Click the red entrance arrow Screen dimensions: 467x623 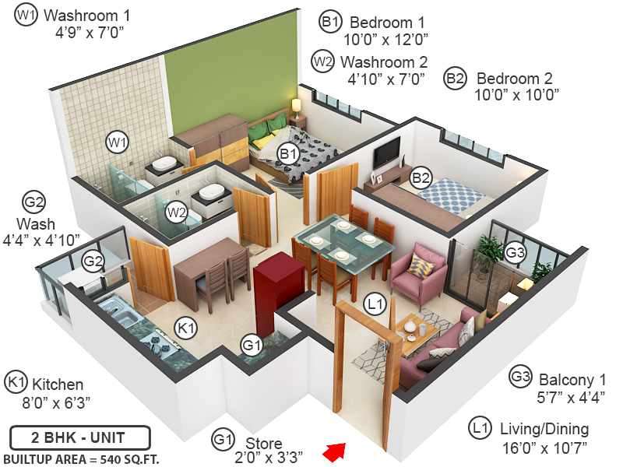tap(336, 451)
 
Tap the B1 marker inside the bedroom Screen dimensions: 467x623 tap(289, 154)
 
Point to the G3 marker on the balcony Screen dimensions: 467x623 tap(515, 252)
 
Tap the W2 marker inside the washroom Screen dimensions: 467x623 tap(177, 212)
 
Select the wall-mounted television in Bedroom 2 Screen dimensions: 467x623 tap(386, 153)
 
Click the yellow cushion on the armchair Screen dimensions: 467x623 tap(421, 265)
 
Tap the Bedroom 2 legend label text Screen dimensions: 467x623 tap(514, 79)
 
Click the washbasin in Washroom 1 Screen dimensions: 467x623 tap(164, 164)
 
